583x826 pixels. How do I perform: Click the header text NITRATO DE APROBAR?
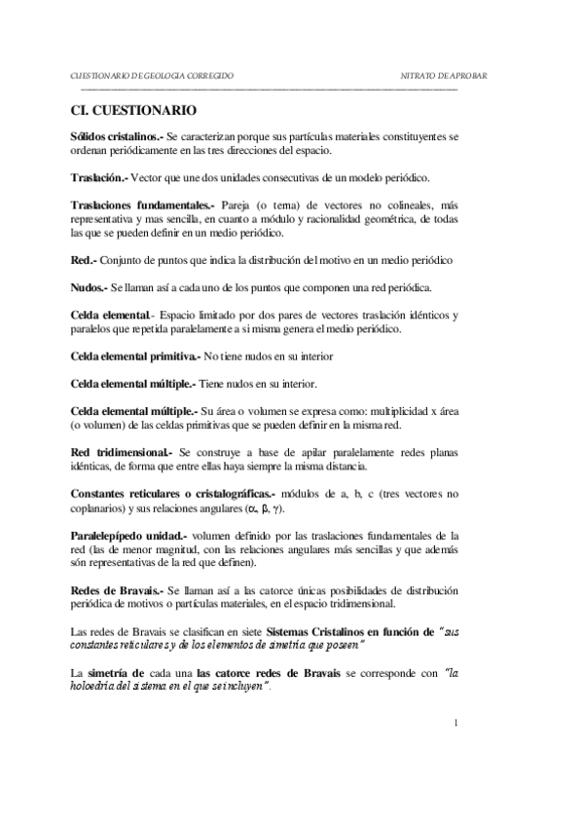444,75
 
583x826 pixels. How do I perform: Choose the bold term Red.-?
84,260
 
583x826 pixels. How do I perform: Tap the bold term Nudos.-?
91,287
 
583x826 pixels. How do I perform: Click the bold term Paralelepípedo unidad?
130,536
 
